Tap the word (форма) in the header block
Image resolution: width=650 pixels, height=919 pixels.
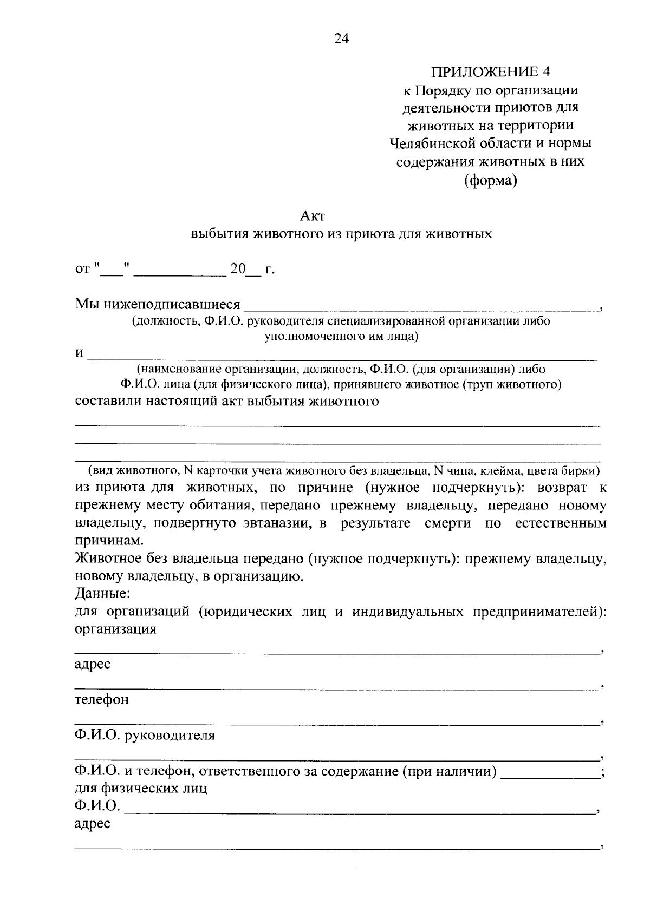click(490, 181)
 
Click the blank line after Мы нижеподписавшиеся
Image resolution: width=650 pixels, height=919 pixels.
click(420, 307)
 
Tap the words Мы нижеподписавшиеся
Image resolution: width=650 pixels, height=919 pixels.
click(157, 304)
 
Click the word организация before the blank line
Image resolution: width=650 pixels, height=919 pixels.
click(115, 629)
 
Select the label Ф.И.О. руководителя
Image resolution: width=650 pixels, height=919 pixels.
click(145, 735)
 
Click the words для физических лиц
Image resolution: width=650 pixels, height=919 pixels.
click(141, 788)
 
